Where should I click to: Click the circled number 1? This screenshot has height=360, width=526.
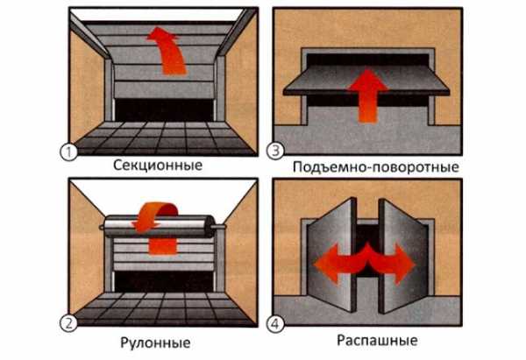coord(68,152)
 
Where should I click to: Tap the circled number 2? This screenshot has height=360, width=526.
coord(68,323)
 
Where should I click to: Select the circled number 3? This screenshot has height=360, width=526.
coord(275,151)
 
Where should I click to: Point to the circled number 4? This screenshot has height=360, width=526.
coord(275,324)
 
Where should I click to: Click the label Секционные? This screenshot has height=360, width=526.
coord(158,166)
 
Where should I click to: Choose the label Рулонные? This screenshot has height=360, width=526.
coord(155,342)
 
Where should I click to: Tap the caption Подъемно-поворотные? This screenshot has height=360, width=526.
coord(376,167)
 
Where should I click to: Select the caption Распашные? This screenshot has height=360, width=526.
coord(377,341)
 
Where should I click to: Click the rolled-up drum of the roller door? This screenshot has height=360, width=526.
coord(160,227)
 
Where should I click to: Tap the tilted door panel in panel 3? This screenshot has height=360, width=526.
coord(366,81)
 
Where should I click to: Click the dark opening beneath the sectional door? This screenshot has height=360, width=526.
coord(165,110)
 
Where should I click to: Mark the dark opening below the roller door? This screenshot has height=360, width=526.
coord(165,281)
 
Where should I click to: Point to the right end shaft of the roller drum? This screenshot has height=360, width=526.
coord(218,227)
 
